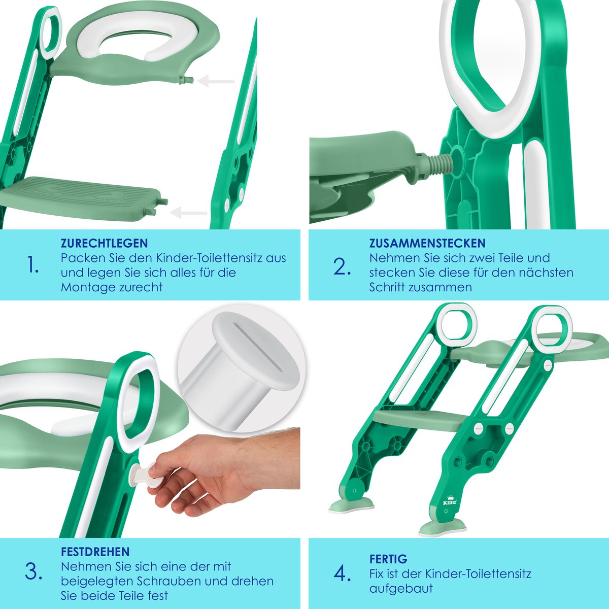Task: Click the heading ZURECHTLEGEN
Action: click(105, 243)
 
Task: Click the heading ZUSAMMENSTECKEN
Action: click(427, 243)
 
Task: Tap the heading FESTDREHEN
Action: click(95, 552)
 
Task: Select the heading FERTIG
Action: click(388, 559)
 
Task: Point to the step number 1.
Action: click(33, 264)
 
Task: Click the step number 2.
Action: click(342, 266)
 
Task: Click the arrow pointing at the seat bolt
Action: click(216, 81)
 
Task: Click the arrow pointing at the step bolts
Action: click(189, 212)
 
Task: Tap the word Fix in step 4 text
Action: click(377, 573)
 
